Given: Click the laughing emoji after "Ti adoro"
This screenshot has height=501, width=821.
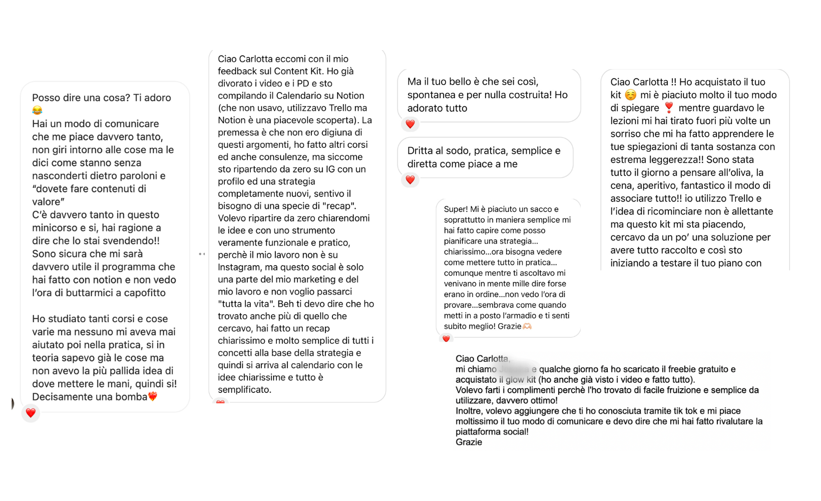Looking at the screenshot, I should (37, 111).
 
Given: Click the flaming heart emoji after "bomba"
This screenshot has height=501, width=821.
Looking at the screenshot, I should (153, 397).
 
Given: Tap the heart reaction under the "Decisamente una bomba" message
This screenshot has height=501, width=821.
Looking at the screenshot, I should (31, 413).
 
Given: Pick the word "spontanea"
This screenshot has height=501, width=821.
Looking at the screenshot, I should (432, 95).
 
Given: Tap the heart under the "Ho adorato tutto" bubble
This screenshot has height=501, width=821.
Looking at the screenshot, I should (410, 124).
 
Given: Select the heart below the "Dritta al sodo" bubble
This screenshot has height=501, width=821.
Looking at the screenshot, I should (410, 180).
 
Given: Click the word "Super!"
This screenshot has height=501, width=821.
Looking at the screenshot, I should (456, 209).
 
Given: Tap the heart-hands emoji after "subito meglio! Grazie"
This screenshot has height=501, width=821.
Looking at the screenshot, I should (527, 326).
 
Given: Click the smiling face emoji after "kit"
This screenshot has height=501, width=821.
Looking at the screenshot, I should (631, 95).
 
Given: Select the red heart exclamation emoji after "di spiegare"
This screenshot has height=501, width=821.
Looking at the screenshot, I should (669, 108).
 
